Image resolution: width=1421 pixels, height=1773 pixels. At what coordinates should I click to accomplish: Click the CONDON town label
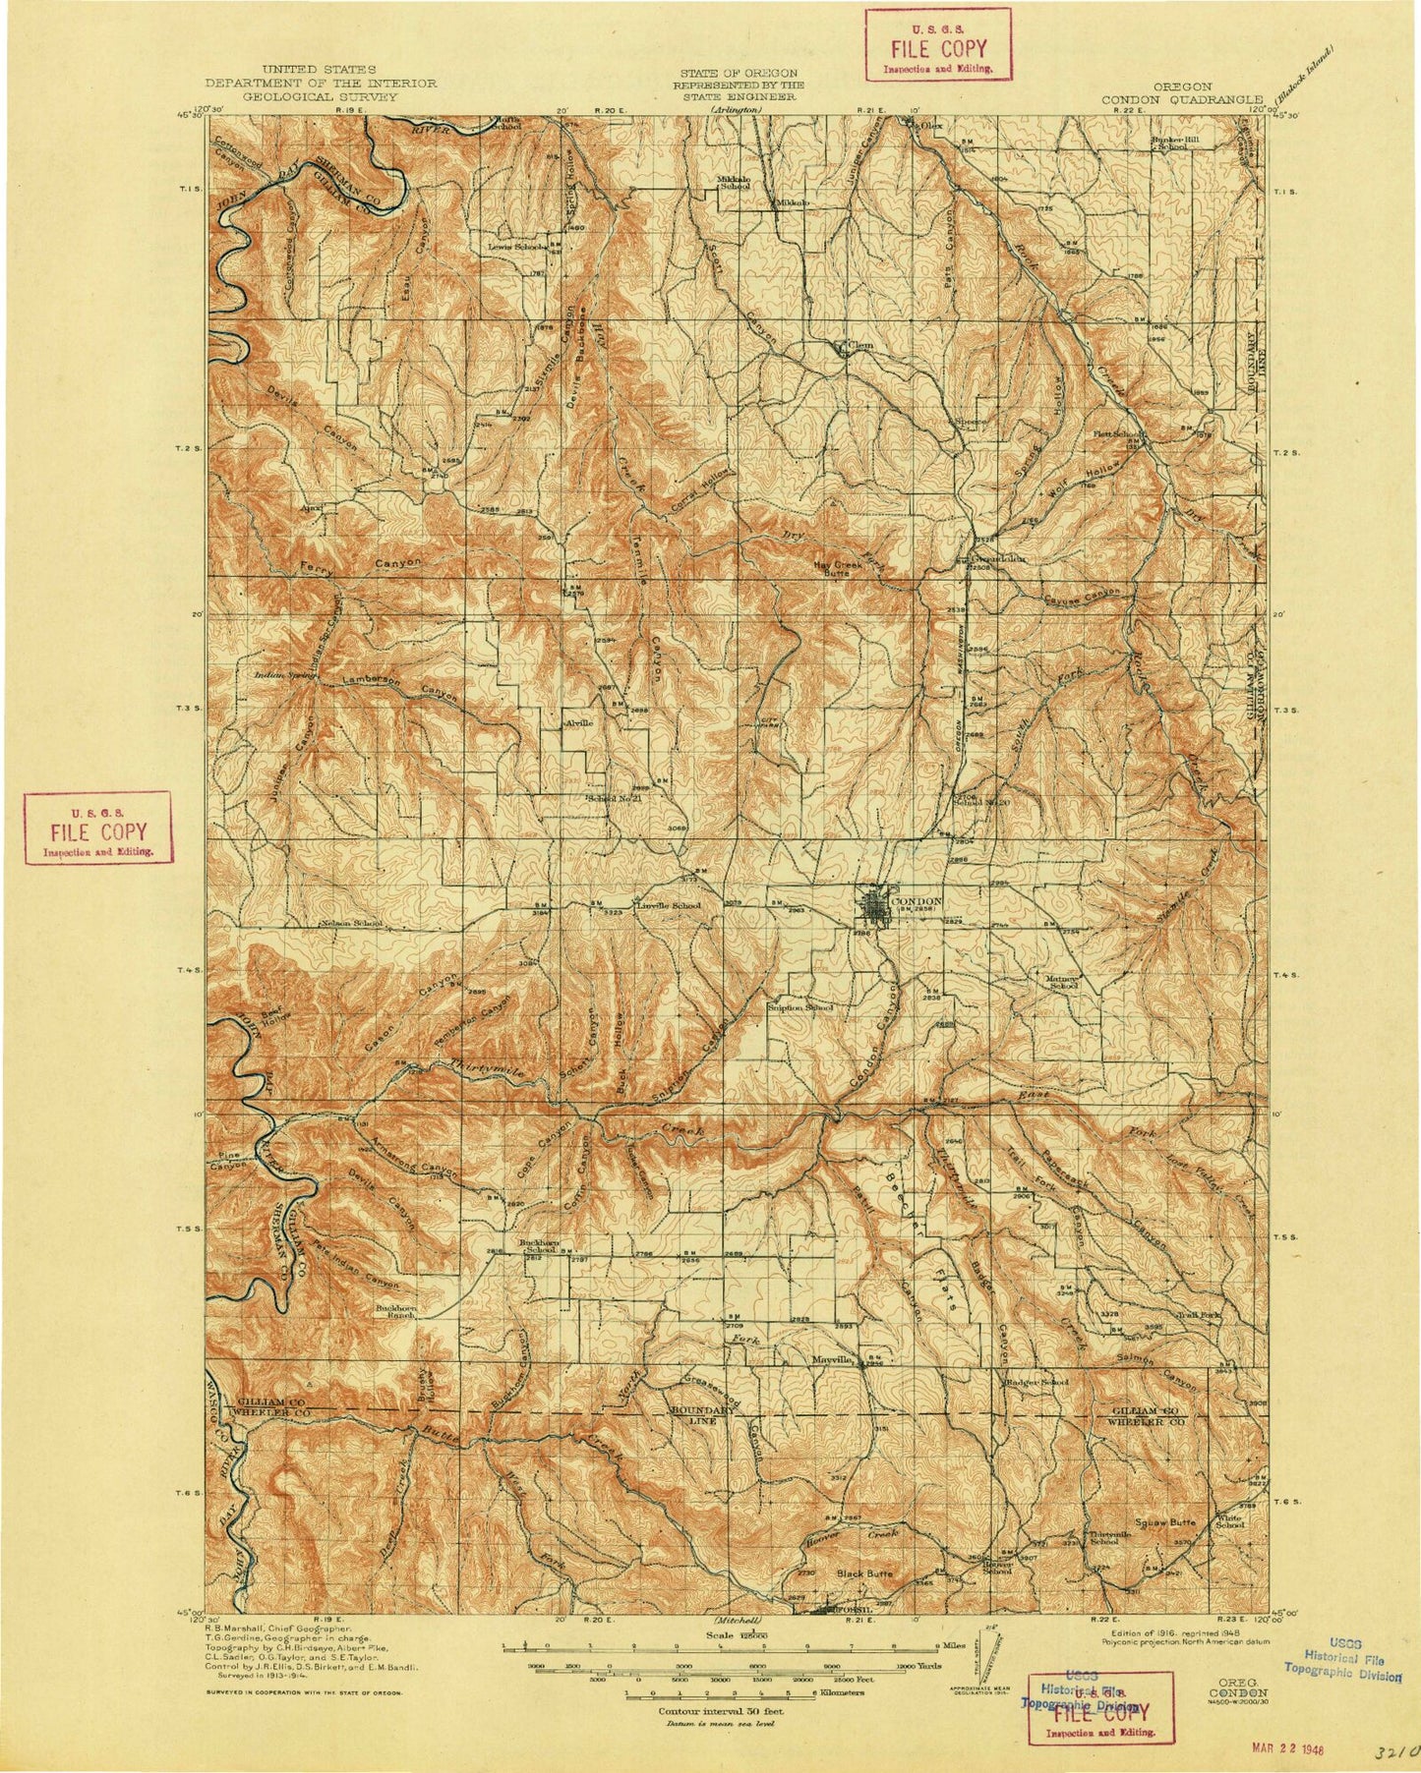pyautogui.click(x=916, y=900)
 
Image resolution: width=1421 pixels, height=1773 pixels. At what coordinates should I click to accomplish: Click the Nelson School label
pyautogui.click(x=351, y=924)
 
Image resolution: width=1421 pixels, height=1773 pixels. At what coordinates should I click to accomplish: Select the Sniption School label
pyautogui.click(x=799, y=1007)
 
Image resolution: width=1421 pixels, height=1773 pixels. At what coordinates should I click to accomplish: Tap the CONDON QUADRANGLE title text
pyautogui.click(x=1181, y=98)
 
